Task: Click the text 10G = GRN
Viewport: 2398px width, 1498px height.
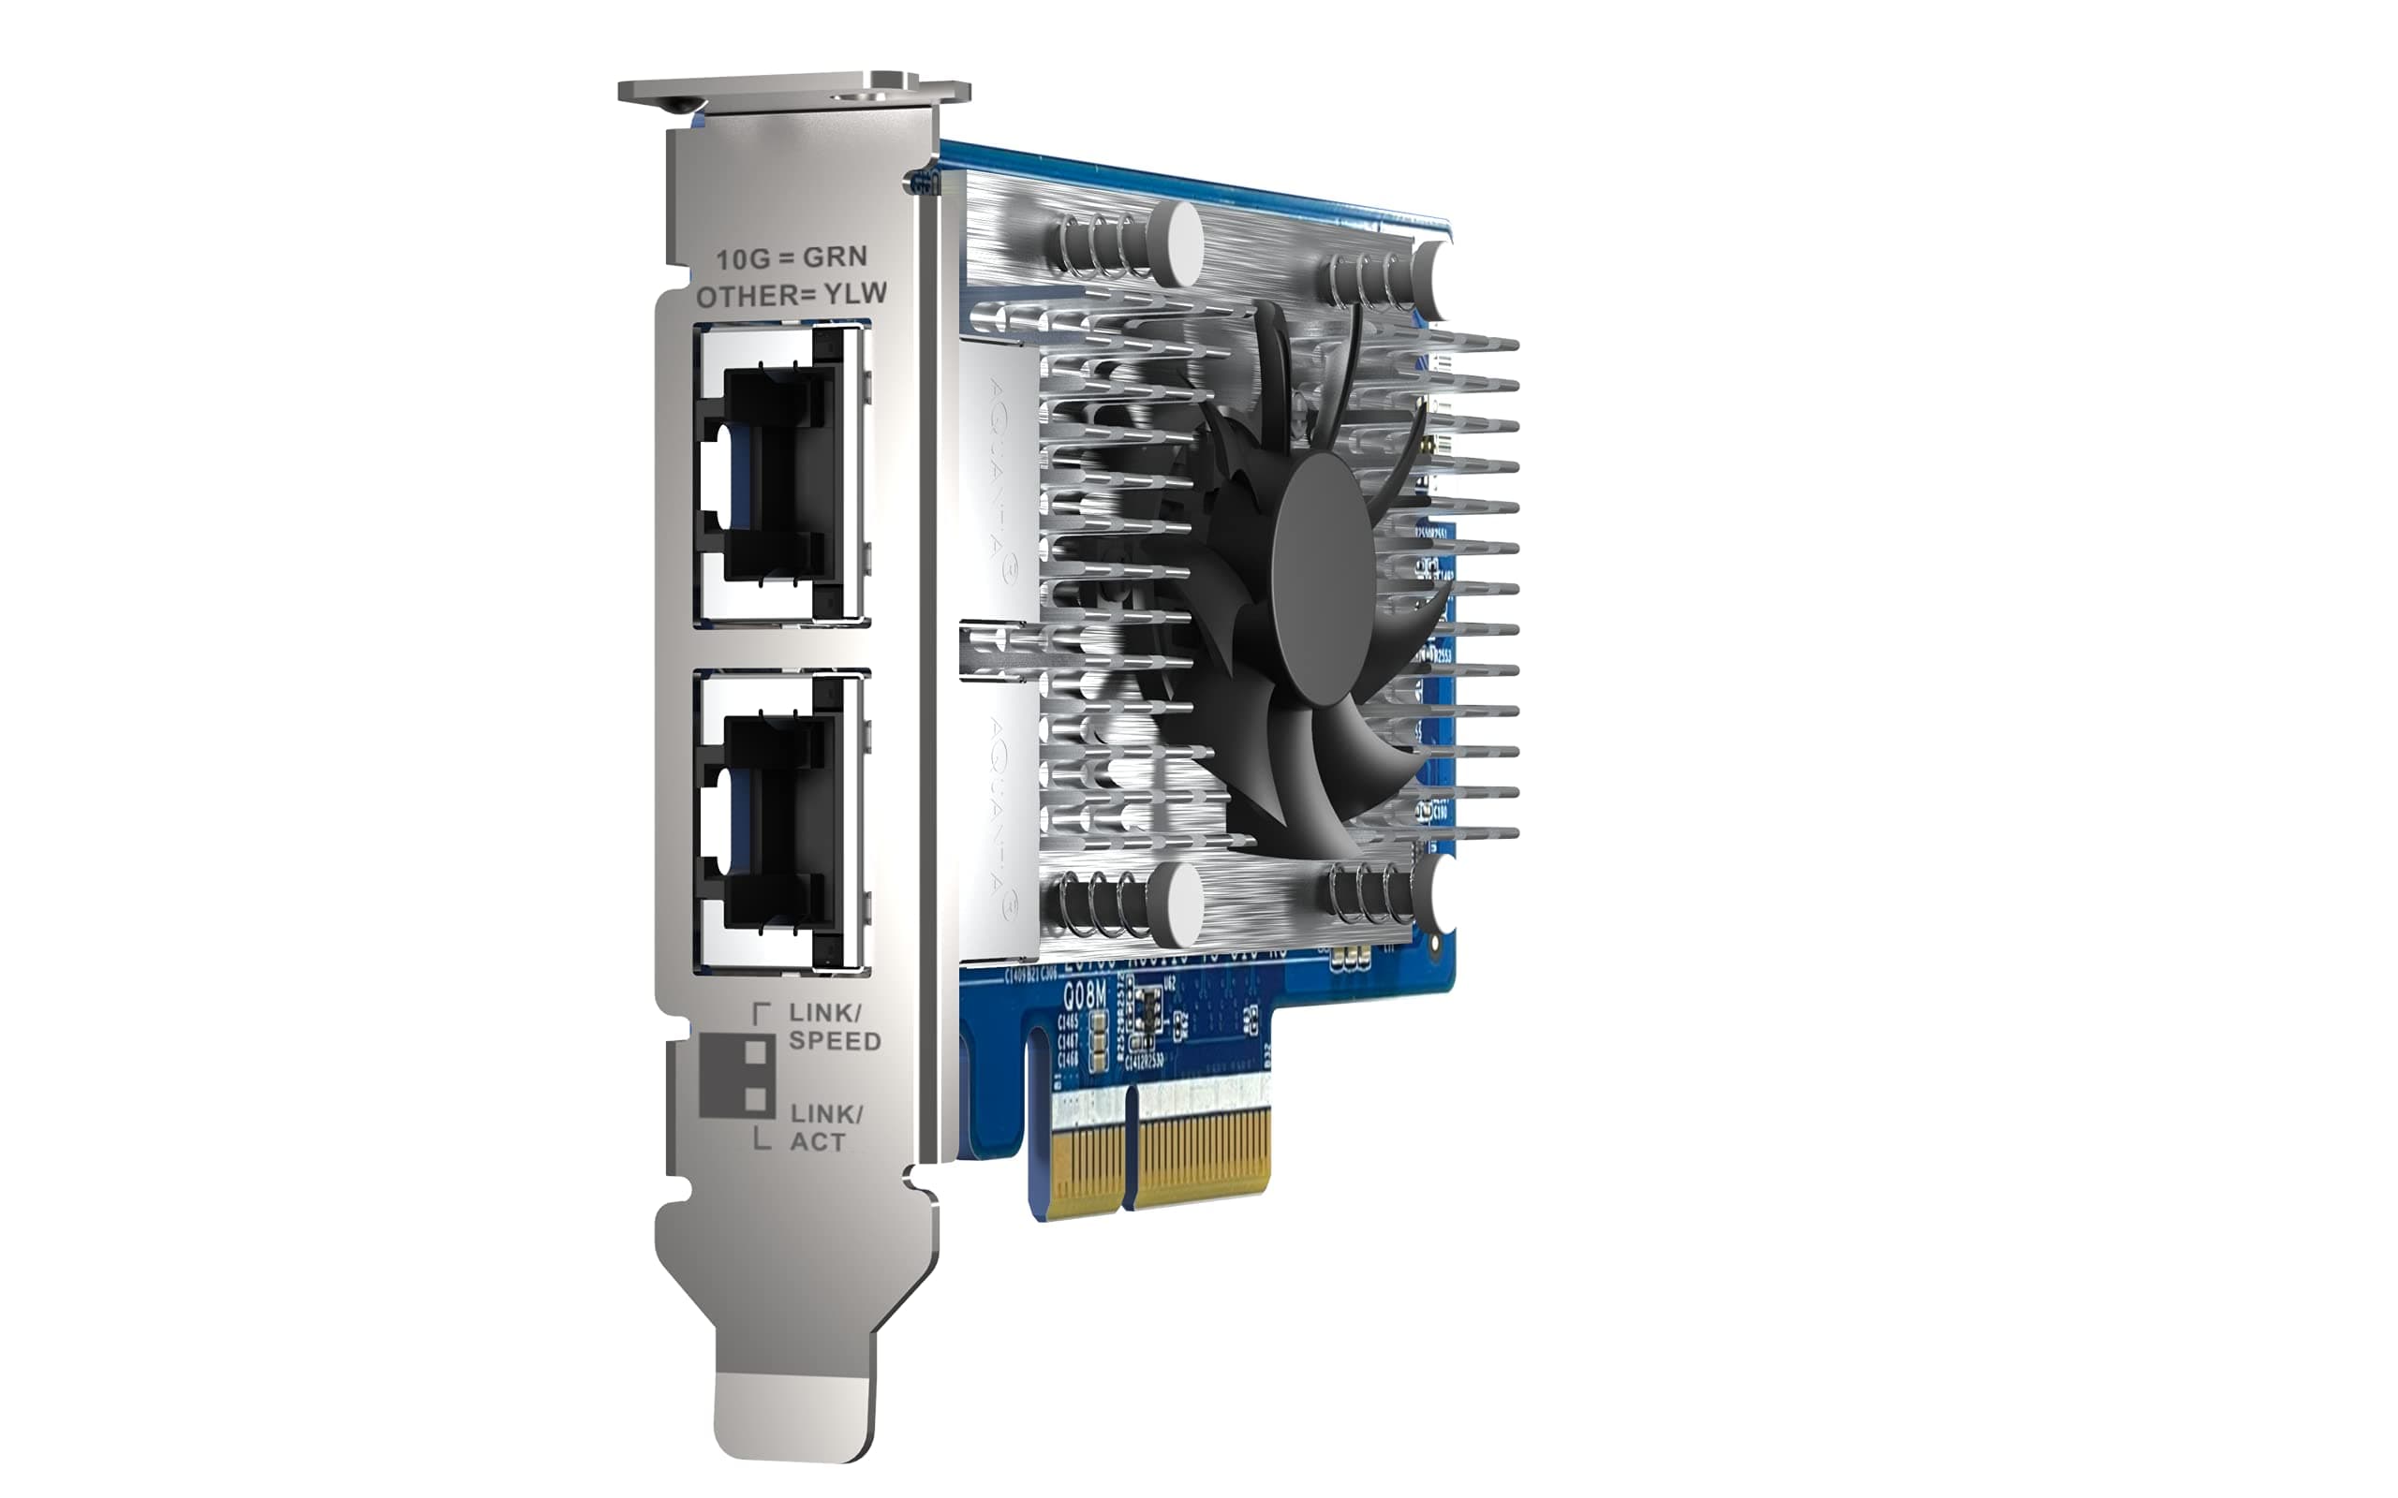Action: point(791,257)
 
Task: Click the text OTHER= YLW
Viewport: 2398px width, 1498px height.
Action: point(791,295)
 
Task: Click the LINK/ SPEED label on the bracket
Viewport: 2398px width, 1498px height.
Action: point(834,1026)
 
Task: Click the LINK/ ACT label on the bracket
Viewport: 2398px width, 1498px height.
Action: point(824,1127)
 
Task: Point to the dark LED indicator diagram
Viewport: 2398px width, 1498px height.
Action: point(737,1077)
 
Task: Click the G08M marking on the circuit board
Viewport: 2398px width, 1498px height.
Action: point(1084,994)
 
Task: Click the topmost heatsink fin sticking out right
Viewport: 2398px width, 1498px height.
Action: point(1476,344)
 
